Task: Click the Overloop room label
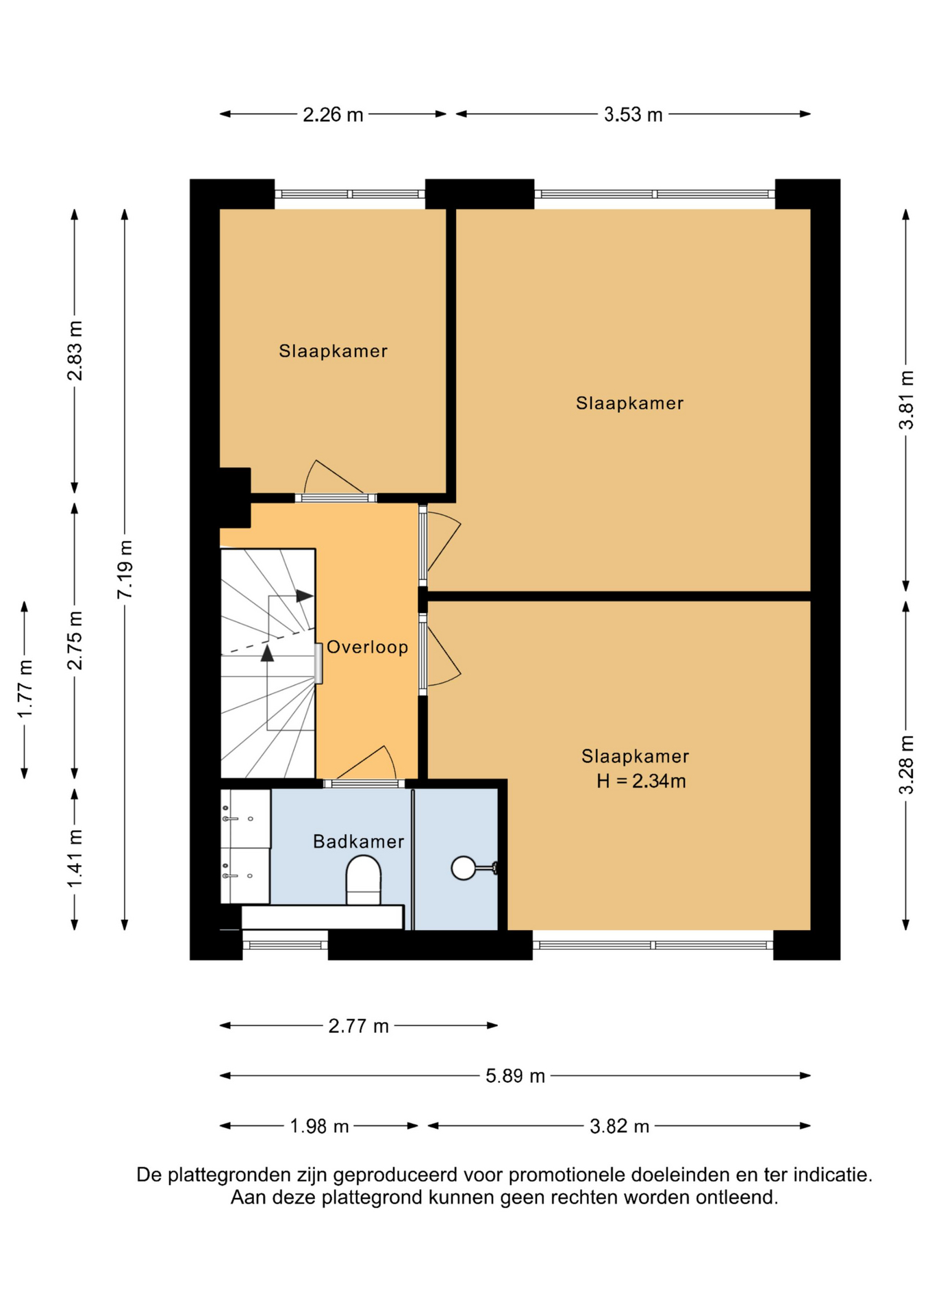tap(367, 647)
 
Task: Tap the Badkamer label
tap(358, 842)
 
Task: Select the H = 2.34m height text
tap(641, 781)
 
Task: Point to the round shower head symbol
tap(464, 868)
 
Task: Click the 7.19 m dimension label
tap(125, 569)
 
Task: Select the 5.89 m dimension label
tap(515, 1076)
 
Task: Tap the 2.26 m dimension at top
tap(333, 114)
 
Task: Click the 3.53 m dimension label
tap(633, 114)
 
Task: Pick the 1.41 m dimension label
tap(75, 858)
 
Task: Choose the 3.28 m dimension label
tap(906, 765)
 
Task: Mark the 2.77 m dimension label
tap(358, 1026)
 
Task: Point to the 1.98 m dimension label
tap(319, 1126)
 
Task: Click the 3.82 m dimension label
tap(619, 1126)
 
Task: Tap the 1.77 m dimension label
tap(25, 690)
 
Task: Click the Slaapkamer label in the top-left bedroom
tap(333, 351)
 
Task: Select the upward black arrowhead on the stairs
tap(267, 653)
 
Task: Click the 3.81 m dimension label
tap(906, 400)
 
